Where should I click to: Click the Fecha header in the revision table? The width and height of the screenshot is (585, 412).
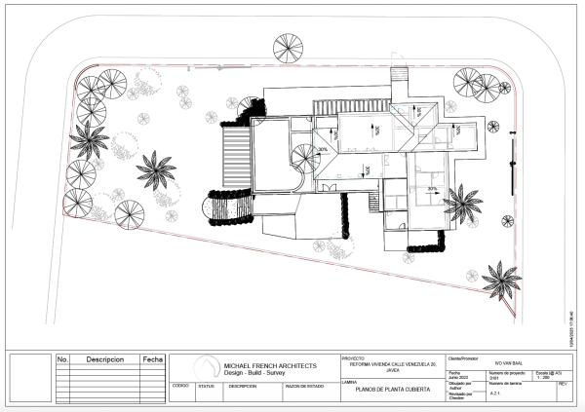(153, 359)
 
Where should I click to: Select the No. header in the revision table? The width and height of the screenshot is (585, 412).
(63, 359)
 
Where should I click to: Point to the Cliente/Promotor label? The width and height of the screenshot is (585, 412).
(463, 356)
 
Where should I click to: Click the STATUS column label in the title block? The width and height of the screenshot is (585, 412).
(206, 385)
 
